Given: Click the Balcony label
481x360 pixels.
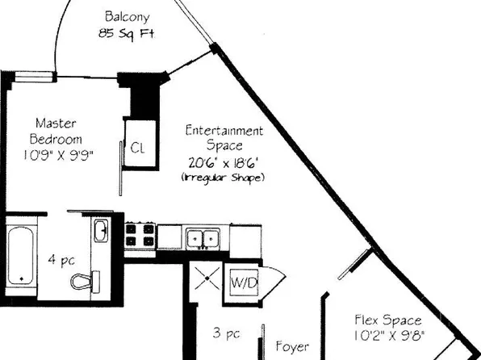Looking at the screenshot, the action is point(127,17).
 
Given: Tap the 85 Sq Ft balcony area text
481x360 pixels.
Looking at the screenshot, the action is point(127,33).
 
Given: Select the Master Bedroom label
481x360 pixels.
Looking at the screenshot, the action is point(56,132).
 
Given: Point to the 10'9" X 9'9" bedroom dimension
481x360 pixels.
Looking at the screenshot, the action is point(58,155).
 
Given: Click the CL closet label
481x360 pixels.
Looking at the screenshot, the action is point(137,148).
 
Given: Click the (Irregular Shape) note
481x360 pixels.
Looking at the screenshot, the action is point(223,178).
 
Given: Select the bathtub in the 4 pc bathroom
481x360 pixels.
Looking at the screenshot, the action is point(20,256).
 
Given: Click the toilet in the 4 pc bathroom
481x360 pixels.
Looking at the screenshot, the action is point(86,281).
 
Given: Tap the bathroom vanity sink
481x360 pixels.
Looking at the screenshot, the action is point(101,231).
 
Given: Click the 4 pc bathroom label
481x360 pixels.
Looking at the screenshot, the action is point(61,260).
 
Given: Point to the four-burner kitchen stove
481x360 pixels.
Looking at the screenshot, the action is point(140,236).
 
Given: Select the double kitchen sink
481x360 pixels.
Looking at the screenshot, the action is point(203,238).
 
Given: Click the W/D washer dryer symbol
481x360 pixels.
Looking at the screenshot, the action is point(244,283).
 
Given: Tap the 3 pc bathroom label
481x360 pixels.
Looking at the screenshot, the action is point(227,333).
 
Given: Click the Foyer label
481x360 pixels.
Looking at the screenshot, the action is point(292,347).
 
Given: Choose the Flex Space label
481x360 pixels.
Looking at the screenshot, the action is point(388,320).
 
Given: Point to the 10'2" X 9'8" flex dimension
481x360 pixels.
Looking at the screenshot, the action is point(390,336).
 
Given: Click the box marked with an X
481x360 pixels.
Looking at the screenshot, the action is point(207,278).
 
